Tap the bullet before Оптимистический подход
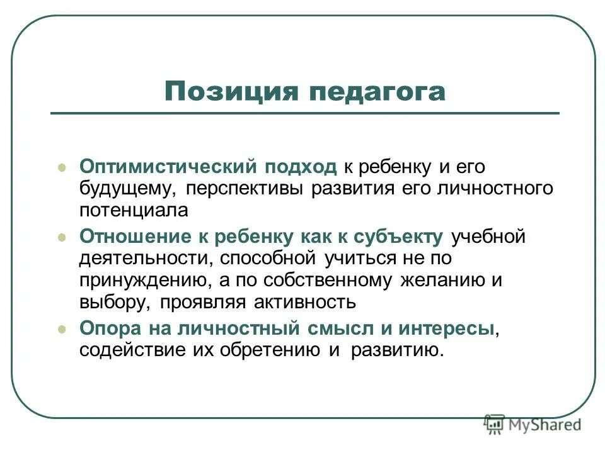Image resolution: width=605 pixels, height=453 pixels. click(62, 168)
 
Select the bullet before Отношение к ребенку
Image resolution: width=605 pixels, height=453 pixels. click(62, 238)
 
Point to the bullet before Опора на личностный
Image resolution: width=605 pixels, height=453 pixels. click(62, 329)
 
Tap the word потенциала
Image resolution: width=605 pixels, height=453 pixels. click(134, 210)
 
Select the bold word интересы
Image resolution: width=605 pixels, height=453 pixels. click(448, 328)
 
